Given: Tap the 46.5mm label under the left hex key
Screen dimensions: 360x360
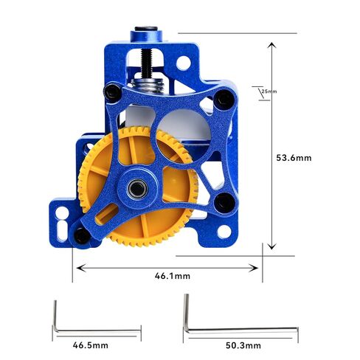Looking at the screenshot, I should point(91,345).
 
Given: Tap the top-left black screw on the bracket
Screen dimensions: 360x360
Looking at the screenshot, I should point(111,92).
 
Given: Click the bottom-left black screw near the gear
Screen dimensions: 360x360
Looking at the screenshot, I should point(80,235).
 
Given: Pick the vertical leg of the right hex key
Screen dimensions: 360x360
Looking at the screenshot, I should point(187,313).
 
